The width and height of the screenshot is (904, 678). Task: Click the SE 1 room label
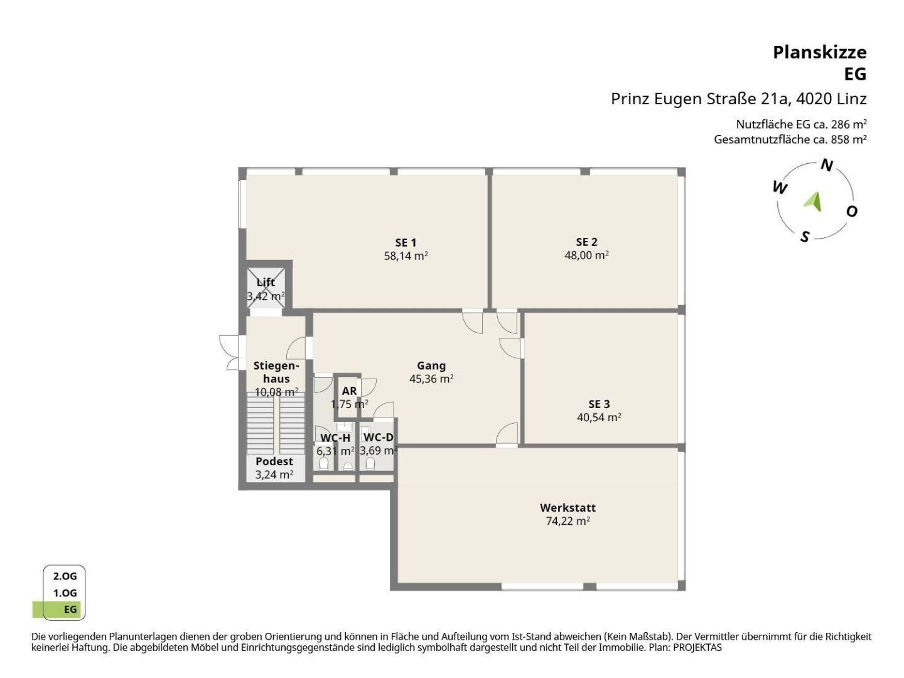click(x=406, y=242)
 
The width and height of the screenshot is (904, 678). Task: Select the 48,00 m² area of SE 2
click(x=586, y=256)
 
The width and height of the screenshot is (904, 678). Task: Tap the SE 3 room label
click(x=599, y=404)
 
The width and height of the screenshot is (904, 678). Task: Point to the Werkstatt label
click(x=568, y=508)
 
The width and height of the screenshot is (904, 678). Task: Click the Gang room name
click(x=431, y=365)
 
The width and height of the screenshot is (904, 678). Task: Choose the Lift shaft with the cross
click(x=266, y=288)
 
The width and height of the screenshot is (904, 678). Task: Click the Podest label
click(x=274, y=461)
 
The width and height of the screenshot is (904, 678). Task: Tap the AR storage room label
click(x=349, y=390)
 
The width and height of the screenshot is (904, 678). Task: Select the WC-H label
click(x=335, y=438)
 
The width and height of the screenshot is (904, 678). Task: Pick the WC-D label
click(x=378, y=437)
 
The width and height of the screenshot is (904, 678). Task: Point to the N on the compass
click(x=827, y=166)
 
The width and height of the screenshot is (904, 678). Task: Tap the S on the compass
click(x=805, y=237)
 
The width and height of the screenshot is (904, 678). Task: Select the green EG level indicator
click(x=57, y=609)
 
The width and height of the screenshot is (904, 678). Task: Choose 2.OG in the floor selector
click(x=65, y=576)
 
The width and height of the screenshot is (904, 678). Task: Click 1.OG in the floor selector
click(x=65, y=593)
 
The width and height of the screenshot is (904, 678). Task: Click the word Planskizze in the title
click(x=820, y=53)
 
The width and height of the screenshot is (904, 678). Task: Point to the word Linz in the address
click(x=852, y=99)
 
